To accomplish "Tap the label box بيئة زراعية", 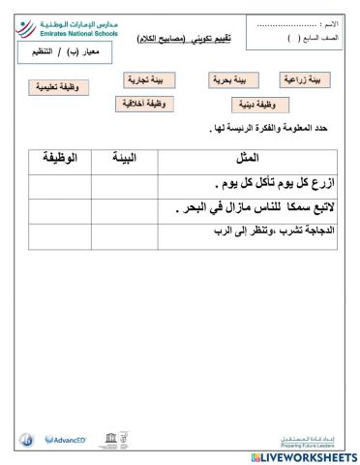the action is pyautogui.click(x=305, y=78).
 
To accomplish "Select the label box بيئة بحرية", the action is pyautogui.click(x=235, y=81).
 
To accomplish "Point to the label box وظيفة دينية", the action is pyautogui.click(x=256, y=104).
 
